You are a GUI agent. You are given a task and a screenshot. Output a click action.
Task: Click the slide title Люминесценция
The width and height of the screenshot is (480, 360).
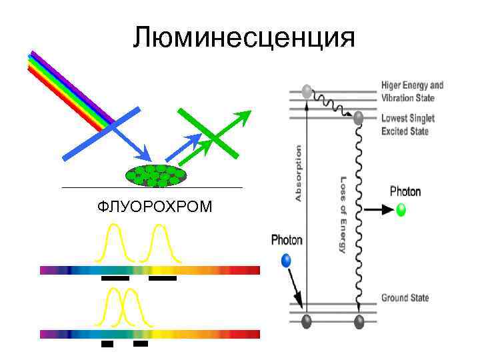coord(243,37)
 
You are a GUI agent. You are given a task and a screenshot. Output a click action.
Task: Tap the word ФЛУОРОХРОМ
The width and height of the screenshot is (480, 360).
coord(155,207)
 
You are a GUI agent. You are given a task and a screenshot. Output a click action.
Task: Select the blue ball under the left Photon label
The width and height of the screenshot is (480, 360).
coord(287,260)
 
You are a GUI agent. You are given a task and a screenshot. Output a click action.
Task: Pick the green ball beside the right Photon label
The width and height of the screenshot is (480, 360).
coord(401,210)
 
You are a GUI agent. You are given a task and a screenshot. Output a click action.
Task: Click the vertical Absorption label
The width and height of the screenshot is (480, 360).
coord(298,173)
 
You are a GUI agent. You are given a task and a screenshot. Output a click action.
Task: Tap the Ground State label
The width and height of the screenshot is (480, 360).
coord(405,298)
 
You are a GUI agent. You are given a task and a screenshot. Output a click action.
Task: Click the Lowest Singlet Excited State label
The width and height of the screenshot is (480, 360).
coord(407,125)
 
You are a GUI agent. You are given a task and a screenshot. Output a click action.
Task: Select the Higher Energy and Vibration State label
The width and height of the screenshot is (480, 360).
coord(411,91)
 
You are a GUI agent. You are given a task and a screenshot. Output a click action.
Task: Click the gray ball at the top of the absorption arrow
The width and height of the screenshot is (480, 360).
coord(307,91)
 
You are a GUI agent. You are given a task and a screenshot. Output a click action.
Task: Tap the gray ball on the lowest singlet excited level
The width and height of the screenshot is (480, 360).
coord(359,118)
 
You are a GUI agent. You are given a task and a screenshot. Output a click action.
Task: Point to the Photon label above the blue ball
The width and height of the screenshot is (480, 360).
coord(287,240)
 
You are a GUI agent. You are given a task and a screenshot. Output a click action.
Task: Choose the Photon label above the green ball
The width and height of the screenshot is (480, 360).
coord(405,192)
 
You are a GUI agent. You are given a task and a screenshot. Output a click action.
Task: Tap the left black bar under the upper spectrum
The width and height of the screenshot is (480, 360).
coord(114,279)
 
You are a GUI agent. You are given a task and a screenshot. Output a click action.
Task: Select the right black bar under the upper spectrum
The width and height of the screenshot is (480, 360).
coord(162,279)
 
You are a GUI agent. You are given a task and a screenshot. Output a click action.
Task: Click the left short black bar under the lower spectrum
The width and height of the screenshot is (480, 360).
coord(107,345)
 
